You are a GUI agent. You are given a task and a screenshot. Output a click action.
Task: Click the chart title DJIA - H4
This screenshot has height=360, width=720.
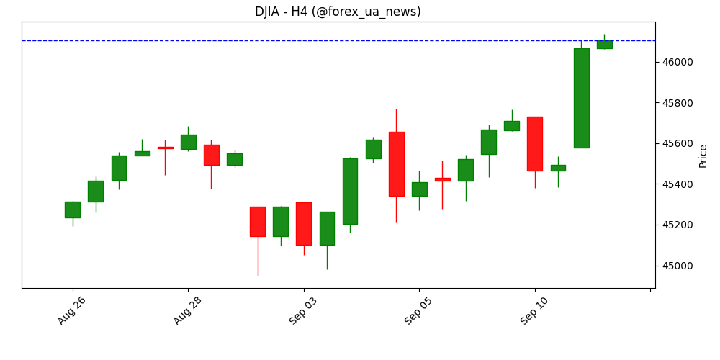point(338,12)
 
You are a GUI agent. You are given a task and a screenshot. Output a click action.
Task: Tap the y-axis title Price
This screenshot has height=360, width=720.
point(703,156)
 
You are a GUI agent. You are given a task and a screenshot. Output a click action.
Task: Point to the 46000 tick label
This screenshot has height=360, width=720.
point(678,62)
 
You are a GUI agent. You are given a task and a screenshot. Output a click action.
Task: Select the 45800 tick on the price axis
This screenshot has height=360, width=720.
point(678,103)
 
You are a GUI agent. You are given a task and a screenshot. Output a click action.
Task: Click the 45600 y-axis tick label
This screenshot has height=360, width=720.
point(678,143)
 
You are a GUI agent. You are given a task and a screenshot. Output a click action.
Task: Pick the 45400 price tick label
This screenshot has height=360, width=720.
point(678,184)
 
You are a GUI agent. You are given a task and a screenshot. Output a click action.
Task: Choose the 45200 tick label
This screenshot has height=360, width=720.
point(678,225)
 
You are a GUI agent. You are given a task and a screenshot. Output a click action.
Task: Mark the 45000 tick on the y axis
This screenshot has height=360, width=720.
point(678,266)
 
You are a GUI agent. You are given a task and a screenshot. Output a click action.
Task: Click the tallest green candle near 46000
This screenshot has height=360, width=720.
point(581,98)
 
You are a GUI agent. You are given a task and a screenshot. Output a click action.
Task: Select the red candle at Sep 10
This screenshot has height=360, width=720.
point(535,143)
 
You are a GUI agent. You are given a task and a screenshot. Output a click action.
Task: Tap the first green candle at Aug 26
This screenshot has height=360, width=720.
point(73,210)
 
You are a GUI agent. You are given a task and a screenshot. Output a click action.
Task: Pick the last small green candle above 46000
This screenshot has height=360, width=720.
point(604,45)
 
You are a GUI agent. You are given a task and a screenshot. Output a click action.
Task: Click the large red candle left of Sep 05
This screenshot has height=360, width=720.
point(396,163)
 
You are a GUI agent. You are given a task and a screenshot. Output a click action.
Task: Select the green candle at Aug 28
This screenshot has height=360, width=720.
point(188,142)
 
